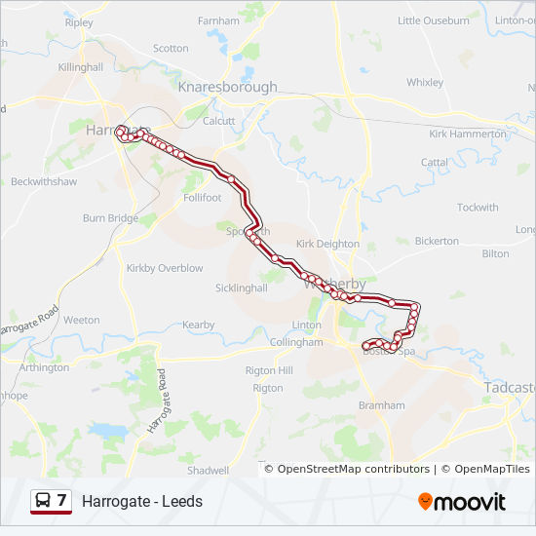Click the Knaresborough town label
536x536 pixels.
[227, 87]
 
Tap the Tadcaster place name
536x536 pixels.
[509, 387]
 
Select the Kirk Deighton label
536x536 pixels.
[327, 244]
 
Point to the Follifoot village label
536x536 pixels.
[202, 197]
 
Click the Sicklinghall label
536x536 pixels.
[241, 287]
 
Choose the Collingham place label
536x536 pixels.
[296, 342]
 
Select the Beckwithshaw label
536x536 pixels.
[43, 182]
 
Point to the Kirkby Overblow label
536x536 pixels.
[165, 267]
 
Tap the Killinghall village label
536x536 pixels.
[80, 67]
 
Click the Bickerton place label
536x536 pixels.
[437, 241]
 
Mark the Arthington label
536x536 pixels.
[44, 367]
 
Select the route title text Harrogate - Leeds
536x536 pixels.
[142, 501]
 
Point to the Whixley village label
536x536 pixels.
[425, 83]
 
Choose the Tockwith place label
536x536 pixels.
[478, 208]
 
